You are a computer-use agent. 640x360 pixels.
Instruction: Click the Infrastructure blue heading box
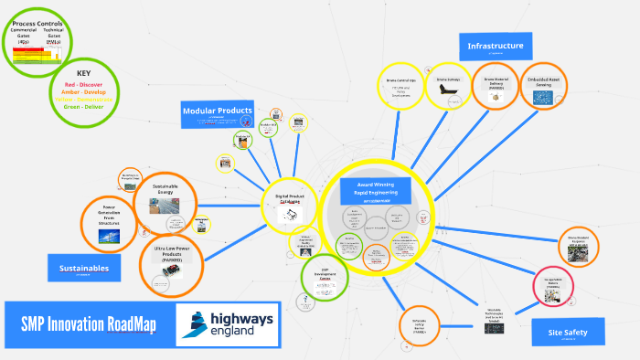coord(495,47)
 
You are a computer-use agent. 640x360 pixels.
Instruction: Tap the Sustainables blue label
coord(85,268)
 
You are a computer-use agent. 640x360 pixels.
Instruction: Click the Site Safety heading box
coord(568,332)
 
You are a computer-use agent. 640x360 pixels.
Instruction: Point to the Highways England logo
coord(228,323)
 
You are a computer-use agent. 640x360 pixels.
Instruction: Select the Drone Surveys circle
coord(446,88)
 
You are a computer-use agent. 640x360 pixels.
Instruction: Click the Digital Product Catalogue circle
coord(293,207)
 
